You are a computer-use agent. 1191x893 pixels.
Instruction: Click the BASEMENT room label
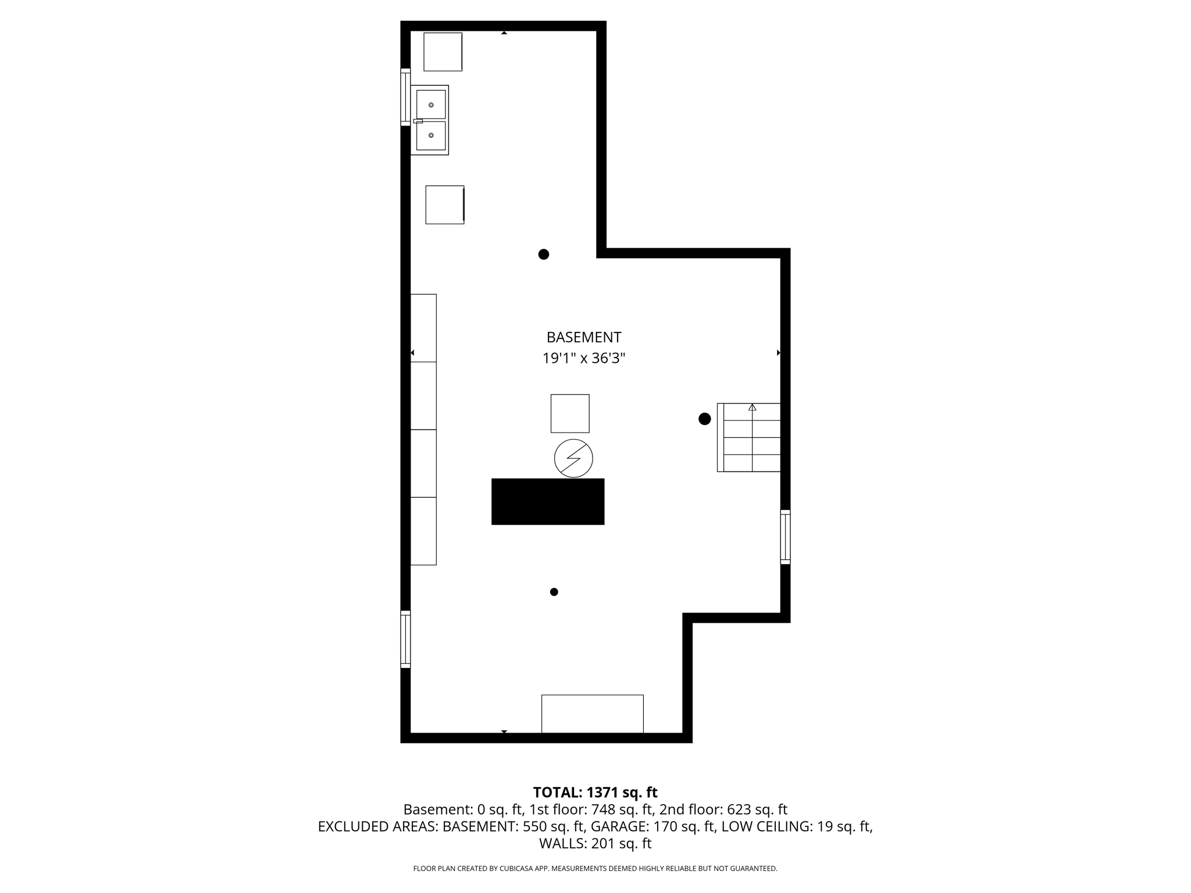[584, 337]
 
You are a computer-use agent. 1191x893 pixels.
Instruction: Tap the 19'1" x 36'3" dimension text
[584, 358]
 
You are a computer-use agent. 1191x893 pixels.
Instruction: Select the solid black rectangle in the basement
[548, 501]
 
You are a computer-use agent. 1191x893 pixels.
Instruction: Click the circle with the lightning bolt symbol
[573, 458]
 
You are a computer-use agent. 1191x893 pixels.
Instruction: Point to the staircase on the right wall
[749, 437]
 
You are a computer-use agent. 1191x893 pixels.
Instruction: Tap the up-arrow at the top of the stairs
[753, 408]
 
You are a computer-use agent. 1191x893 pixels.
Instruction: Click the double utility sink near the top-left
[430, 120]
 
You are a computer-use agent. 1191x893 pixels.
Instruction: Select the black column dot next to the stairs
[705, 419]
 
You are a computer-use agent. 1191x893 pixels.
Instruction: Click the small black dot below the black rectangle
[554, 592]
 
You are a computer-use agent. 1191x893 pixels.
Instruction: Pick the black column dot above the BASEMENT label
[544, 254]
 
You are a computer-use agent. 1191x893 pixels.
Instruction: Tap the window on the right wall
[785, 537]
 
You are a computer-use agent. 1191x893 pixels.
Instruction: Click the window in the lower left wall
[405, 639]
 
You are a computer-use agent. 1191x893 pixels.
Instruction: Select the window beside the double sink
[405, 97]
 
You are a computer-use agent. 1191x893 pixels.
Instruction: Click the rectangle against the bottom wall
[592, 713]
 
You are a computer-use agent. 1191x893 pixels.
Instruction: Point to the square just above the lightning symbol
[570, 413]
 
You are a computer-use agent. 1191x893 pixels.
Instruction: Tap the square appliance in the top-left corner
[443, 52]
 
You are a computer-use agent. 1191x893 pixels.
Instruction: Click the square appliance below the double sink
[445, 205]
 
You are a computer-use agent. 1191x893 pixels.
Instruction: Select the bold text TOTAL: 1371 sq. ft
[595, 792]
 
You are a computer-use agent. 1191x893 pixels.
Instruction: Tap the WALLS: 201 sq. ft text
[595, 843]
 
